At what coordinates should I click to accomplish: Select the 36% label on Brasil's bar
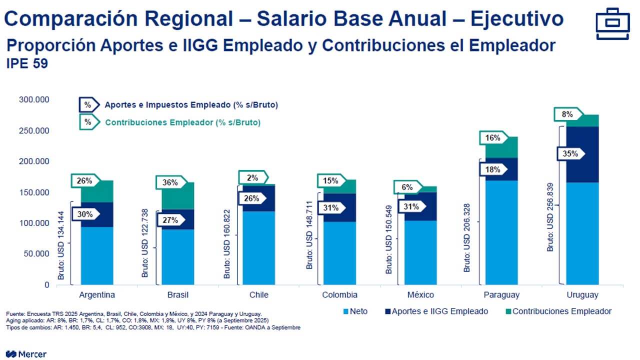pyautogui.click(x=169, y=182)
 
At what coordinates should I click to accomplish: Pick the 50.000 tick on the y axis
pyautogui.click(x=36, y=253)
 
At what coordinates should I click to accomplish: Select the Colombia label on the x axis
pyautogui.click(x=339, y=294)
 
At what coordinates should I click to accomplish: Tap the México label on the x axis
pyautogui.click(x=421, y=294)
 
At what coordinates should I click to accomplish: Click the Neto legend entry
pyautogui.click(x=358, y=311)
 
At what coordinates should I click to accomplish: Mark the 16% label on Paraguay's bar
pyautogui.click(x=492, y=138)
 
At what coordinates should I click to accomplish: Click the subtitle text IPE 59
pyautogui.click(x=27, y=64)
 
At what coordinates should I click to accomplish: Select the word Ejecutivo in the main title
pyautogui.click(x=517, y=19)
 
